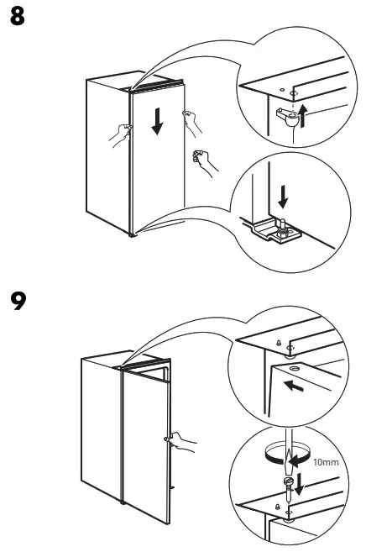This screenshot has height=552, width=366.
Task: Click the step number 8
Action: (x=18, y=16)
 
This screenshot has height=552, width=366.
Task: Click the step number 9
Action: (x=18, y=301)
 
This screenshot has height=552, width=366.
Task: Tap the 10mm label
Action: (x=326, y=462)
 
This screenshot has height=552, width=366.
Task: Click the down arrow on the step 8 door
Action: (x=157, y=122)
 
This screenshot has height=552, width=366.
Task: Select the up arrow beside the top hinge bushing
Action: (x=302, y=117)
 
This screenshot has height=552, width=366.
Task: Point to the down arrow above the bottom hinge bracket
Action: (x=283, y=197)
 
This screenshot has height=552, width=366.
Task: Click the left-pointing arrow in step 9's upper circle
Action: (x=294, y=386)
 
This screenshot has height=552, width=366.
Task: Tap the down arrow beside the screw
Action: (x=299, y=485)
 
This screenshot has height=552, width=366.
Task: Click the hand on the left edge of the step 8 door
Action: (x=121, y=134)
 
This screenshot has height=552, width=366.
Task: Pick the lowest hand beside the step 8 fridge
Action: (x=205, y=162)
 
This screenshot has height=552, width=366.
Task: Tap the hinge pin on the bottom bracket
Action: (x=282, y=227)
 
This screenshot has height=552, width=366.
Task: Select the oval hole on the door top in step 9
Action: (x=294, y=369)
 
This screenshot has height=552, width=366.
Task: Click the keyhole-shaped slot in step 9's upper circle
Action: (x=279, y=343)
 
